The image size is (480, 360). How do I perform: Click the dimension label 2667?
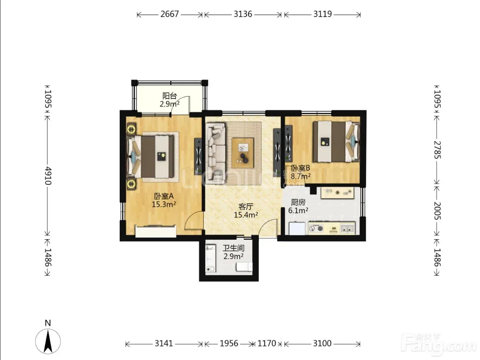(169, 15)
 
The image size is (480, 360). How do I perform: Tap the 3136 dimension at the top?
(243, 15)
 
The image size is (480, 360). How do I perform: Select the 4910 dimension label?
(48, 176)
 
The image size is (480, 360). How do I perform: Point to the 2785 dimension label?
(437, 150)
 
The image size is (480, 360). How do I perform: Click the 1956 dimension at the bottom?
(229, 343)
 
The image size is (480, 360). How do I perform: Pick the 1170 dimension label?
(267, 343)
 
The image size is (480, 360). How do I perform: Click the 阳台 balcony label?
(170, 96)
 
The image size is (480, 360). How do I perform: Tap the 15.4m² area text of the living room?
(246, 215)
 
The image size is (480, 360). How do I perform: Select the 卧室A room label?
(164, 196)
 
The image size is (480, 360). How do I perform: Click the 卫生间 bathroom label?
(234, 248)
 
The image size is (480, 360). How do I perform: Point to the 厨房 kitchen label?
(298, 202)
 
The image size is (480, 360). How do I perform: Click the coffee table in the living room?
(243, 153)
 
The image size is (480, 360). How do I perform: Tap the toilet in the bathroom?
(244, 267)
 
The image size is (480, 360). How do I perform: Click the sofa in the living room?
(216, 153)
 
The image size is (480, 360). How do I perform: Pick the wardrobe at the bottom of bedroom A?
(156, 231)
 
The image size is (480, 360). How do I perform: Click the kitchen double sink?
(347, 228)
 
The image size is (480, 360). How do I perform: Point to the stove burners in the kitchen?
(316, 228)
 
